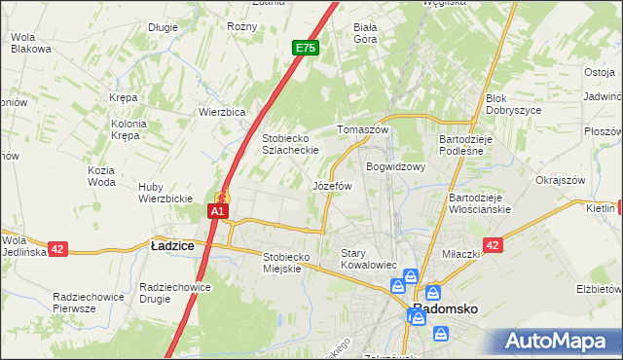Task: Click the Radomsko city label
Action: coord(446,308)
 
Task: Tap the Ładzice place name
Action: coord(172,246)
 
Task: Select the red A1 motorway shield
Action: coord(218,210)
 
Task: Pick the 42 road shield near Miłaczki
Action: coord(493,246)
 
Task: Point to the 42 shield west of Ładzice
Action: coord(57,249)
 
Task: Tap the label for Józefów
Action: coord(331,185)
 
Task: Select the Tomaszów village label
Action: coord(362,129)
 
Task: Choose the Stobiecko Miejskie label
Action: coord(286,263)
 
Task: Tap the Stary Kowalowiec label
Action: coord(367,259)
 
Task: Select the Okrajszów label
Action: coord(560,180)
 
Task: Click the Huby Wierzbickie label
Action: coord(165,193)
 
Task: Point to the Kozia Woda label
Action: coord(101,176)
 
